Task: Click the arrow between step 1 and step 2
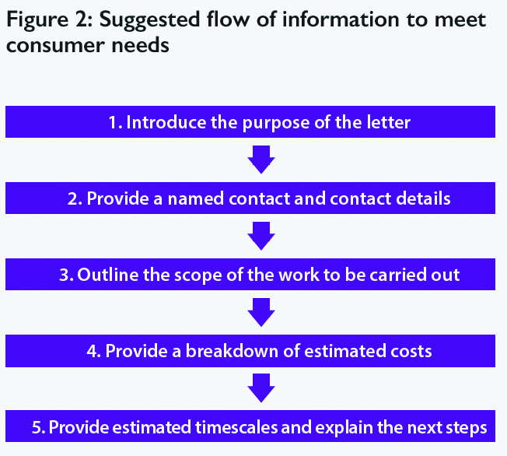click(x=259, y=160)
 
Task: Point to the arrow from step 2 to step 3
click(x=259, y=237)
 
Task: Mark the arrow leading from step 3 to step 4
click(x=259, y=313)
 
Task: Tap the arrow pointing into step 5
click(x=259, y=388)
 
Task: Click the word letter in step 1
click(x=390, y=123)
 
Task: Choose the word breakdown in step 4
click(x=224, y=351)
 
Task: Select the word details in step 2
click(x=423, y=198)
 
